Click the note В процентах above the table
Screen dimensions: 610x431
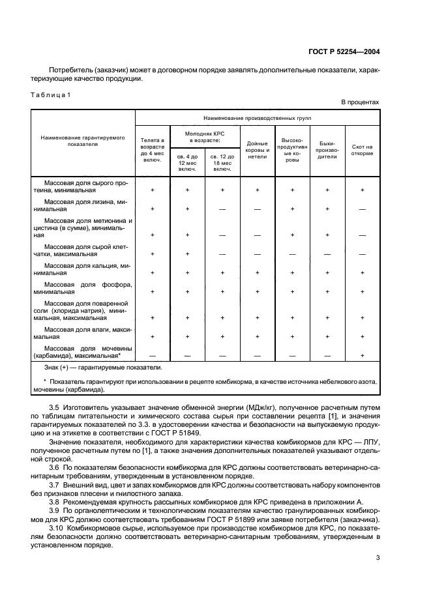360,103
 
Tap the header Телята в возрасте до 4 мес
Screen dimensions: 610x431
152,150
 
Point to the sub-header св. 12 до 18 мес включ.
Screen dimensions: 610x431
222,161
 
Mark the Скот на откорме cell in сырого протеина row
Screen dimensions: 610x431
362,190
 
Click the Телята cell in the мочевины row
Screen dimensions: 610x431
152,356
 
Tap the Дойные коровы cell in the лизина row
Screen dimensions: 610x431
257,209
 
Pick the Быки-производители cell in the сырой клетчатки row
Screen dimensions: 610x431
327,254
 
